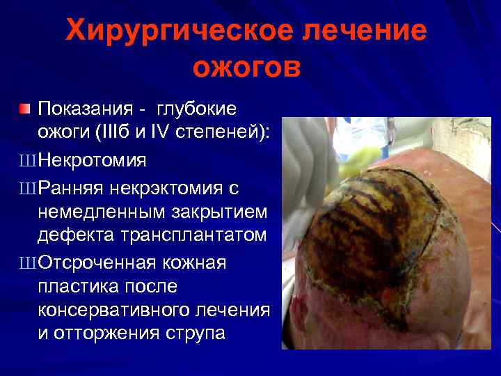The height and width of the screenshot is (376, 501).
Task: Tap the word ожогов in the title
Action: pos(247,68)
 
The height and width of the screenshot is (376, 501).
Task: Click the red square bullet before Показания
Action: pos(25,109)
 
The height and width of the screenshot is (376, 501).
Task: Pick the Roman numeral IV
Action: pos(159,134)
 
